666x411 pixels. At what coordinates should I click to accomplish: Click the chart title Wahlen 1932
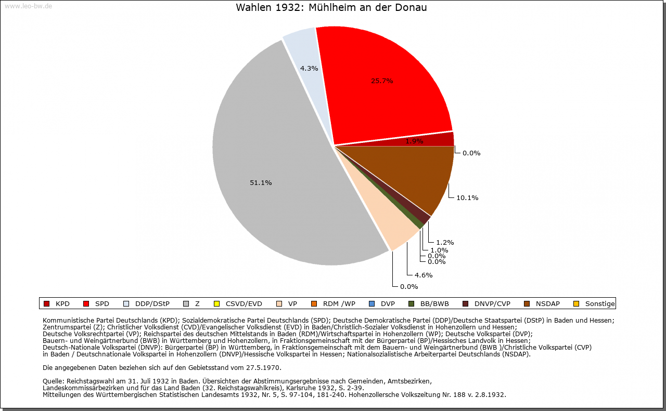331,8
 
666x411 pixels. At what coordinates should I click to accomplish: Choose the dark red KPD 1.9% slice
442,139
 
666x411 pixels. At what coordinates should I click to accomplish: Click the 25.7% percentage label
382,81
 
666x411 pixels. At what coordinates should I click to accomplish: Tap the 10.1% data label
467,197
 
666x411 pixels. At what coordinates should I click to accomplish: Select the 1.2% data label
445,242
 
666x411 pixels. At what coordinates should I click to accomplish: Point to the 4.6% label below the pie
423,275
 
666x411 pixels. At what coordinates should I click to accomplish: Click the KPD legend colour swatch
46,304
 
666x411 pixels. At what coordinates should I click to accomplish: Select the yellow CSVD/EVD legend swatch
216,304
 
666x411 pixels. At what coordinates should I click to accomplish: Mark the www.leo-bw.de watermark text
28,6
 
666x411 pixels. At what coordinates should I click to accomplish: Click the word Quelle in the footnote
54,381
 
